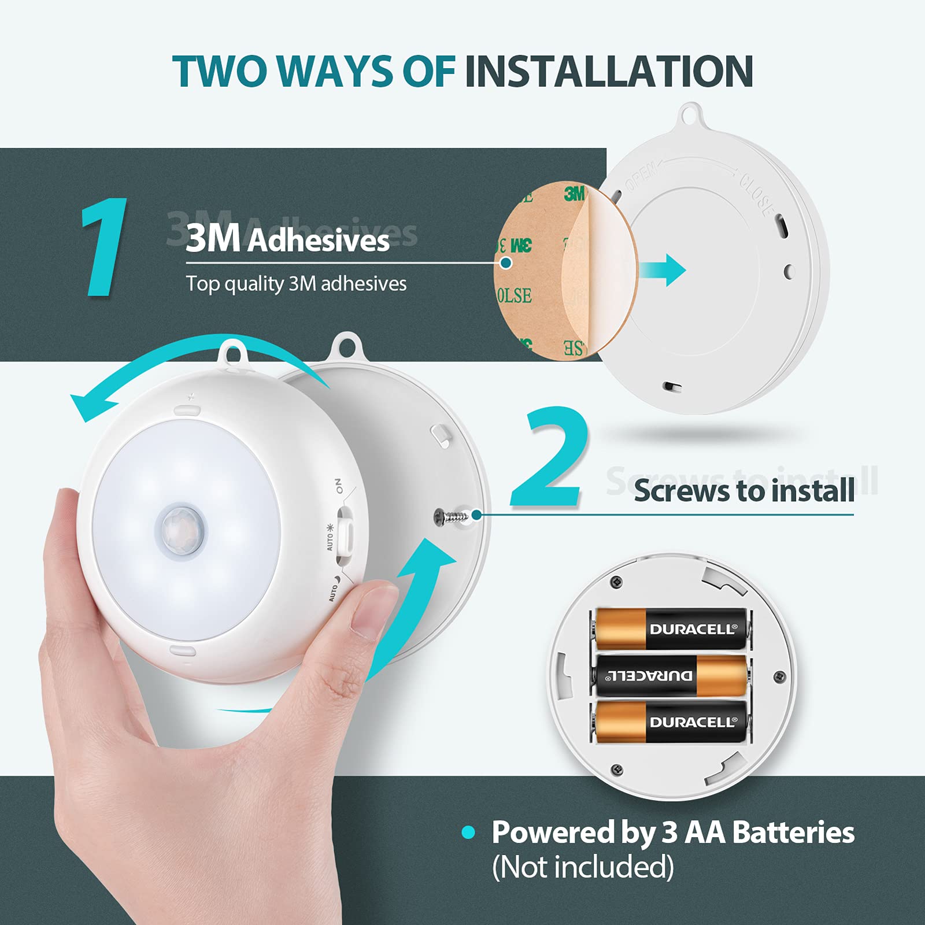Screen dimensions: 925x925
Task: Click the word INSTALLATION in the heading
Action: point(608,72)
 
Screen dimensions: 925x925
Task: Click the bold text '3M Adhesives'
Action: point(287,239)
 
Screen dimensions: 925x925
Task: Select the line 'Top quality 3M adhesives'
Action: point(296,284)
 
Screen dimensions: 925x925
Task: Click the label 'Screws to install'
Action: point(743,491)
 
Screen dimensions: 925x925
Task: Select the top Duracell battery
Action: point(671,629)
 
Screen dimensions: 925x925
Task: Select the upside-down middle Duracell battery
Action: point(671,675)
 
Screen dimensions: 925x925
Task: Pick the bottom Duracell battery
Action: point(671,722)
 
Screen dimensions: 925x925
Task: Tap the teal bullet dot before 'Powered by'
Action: point(468,832)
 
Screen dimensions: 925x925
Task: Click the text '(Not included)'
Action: point(583,867)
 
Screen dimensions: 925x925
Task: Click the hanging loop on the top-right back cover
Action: point(691,114)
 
